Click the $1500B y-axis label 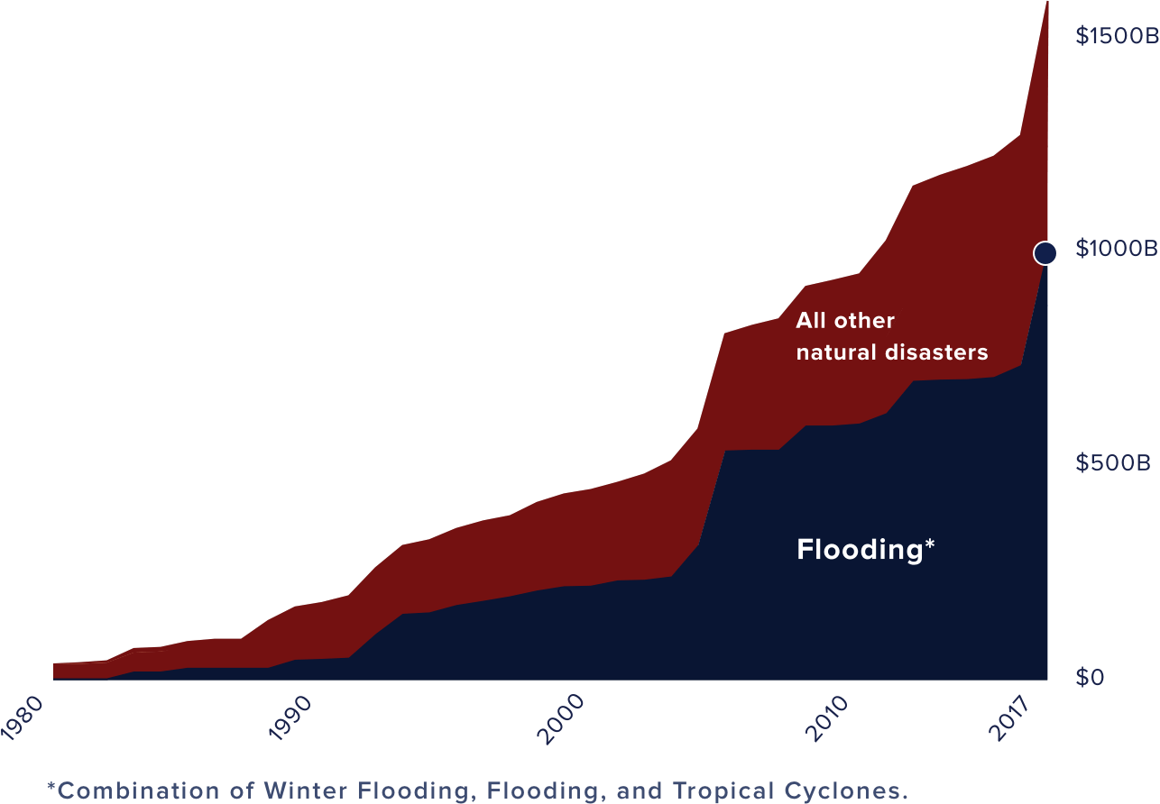tap(1116, 36)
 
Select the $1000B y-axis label tap(1116, 250)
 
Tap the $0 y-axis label tap(1089, 677)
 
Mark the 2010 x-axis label tap(828, 719)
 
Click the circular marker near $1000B tap(1045, 253)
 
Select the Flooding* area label tap(865, 550)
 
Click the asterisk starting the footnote tap(51, 788)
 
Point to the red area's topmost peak tap(1047, 4)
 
